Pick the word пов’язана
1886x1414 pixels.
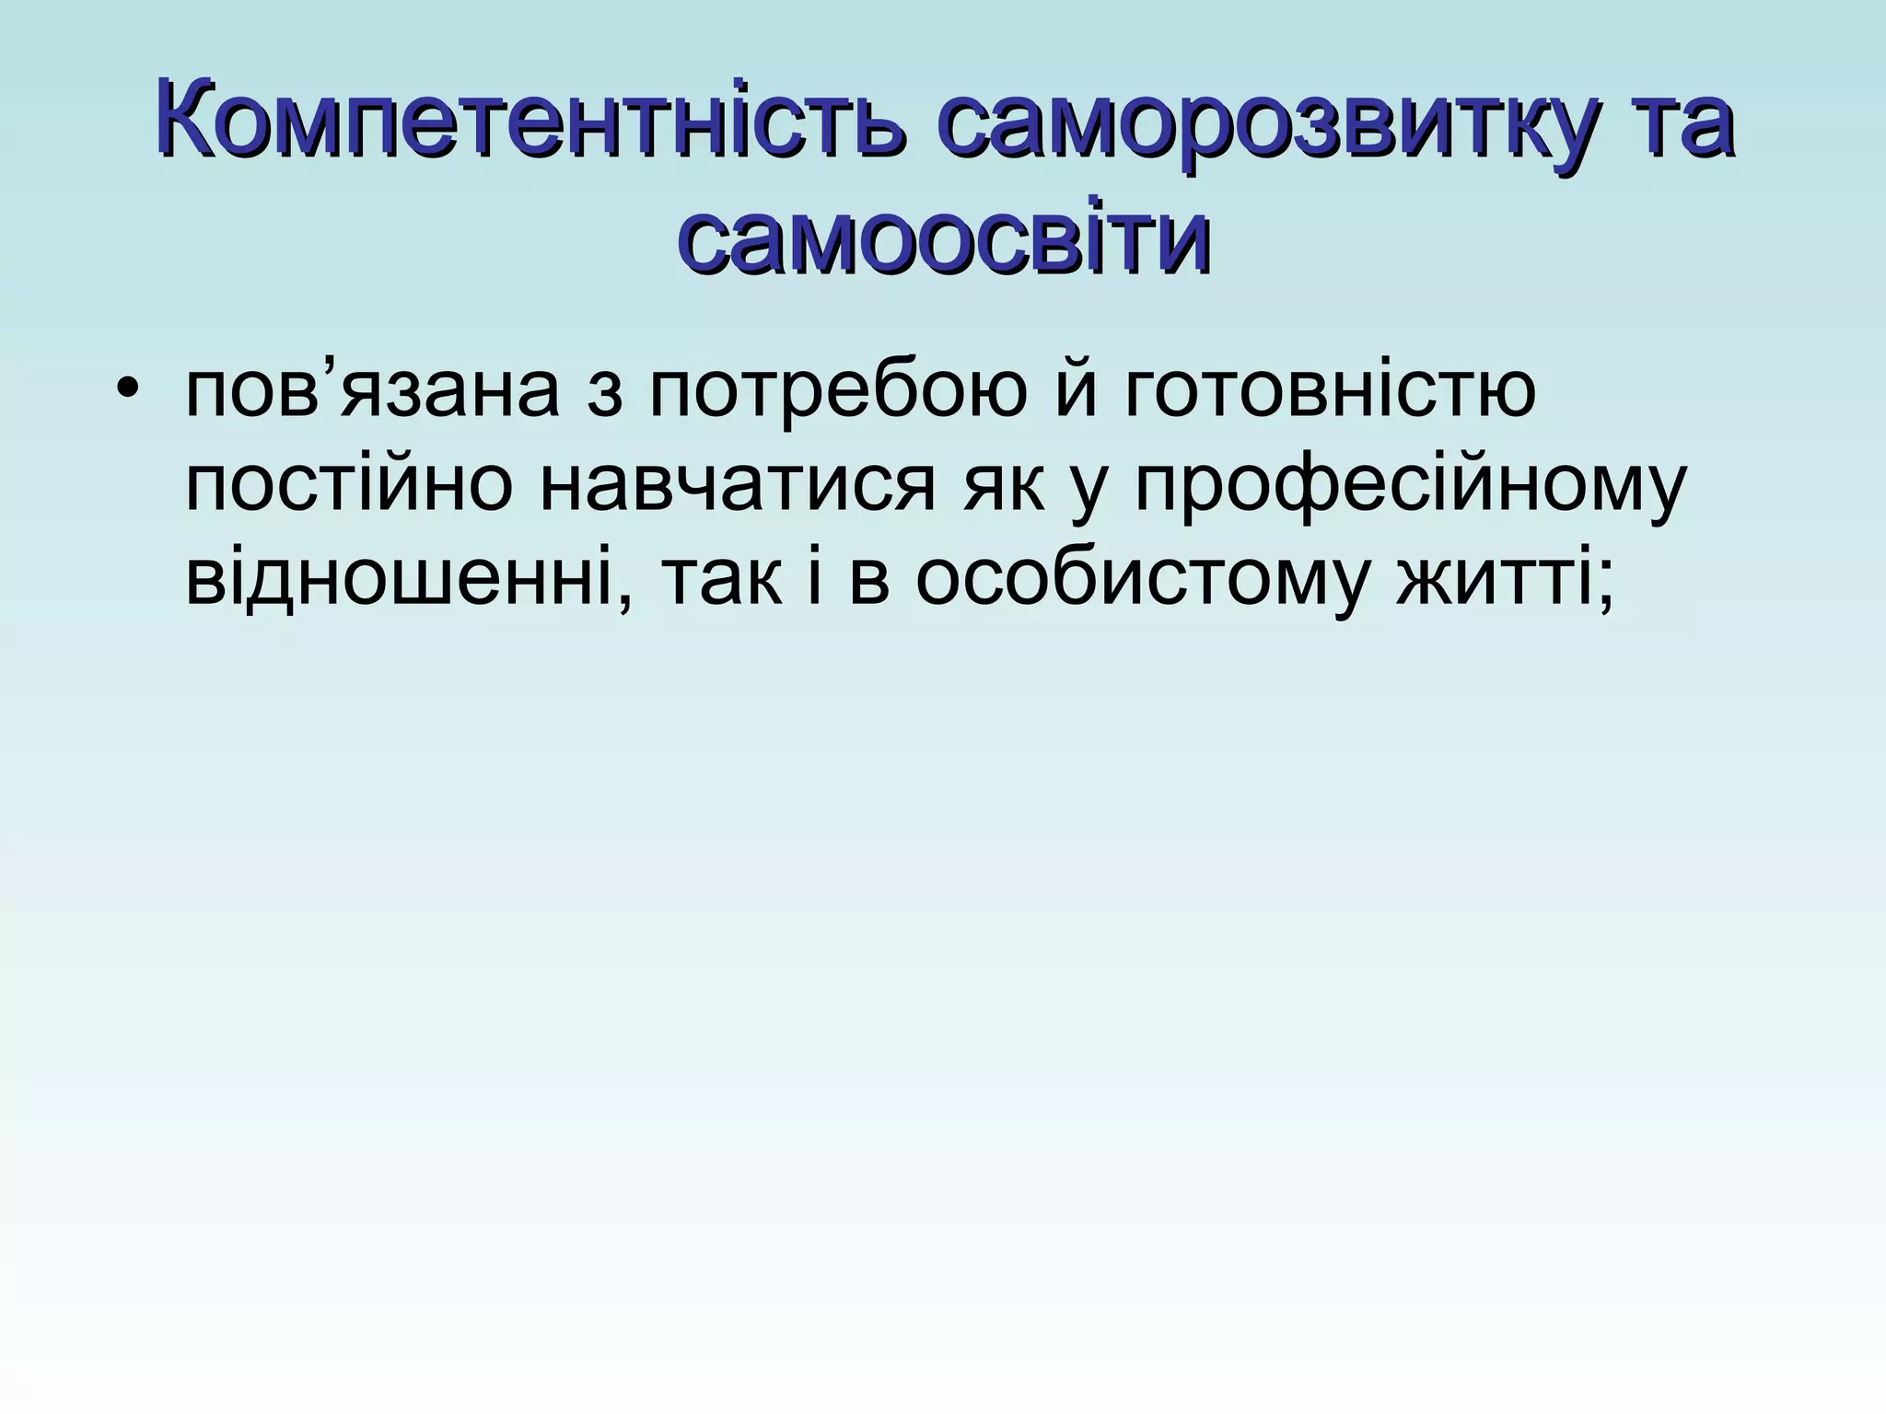[372, 389]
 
